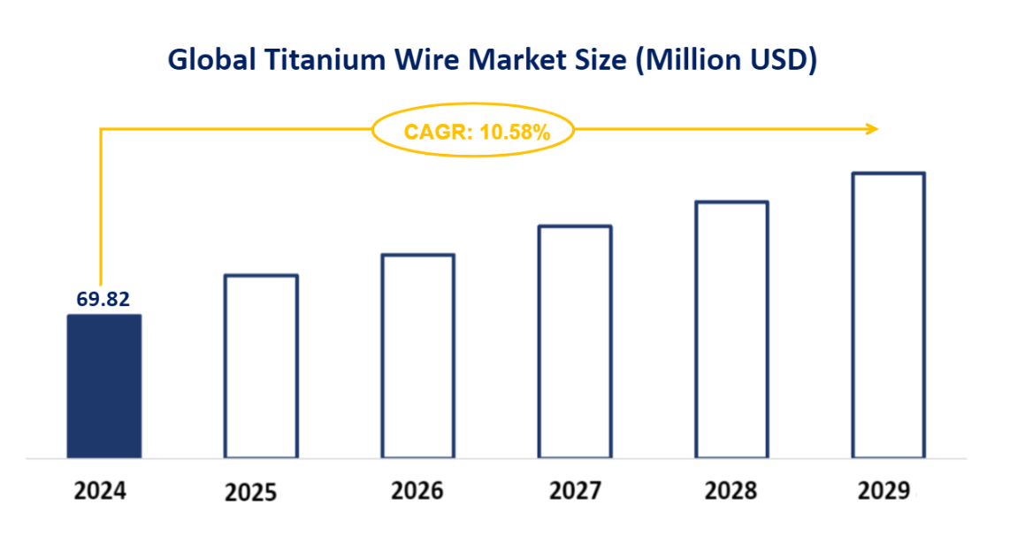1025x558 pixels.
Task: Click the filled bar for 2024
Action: click(103, 386)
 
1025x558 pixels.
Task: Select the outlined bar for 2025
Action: click(261, 366)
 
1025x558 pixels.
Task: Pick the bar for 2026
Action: click(417, 356)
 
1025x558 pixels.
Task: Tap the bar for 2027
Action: click(575, 342)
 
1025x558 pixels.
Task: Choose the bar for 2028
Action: click(731, 330)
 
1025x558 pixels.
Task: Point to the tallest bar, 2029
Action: click(888, 316)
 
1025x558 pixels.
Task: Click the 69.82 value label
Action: click(103, 299)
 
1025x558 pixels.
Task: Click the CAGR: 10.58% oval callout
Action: click(474, 132)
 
